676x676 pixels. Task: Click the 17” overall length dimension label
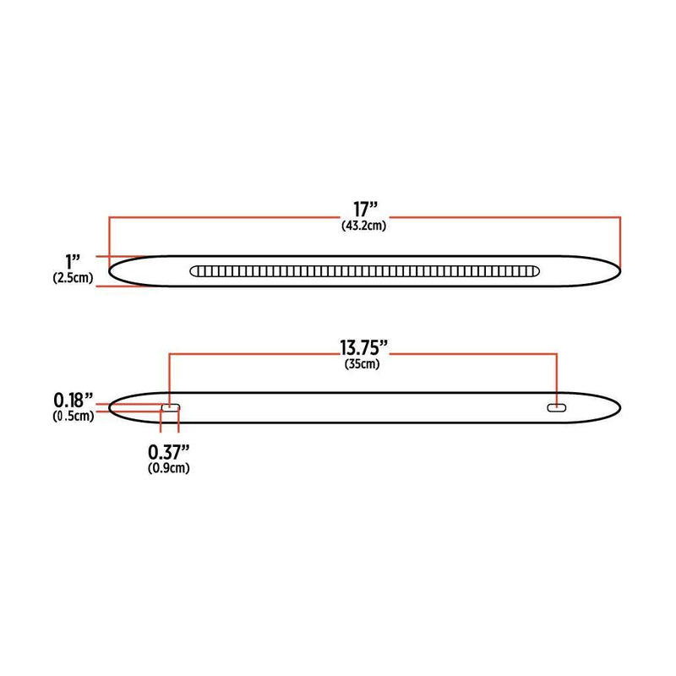pyautogui.click(x=365, y=207)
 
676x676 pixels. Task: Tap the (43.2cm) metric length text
pyautogui.click(x=365, y=225)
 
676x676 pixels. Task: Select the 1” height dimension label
pyautogui.click(x=73, y=259)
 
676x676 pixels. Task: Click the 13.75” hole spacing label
pyautogui.click(x=363, y=348)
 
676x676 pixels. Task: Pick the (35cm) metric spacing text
pyautogui.click(x=363, y=365)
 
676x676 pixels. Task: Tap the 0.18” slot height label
pyautogui.click(x=73, y=399)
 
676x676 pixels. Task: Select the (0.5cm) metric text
pyautogui.click(x=73, y=415)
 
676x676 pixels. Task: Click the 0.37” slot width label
pyautogui.click(x=168, y=451)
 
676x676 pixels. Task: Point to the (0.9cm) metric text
pyautogui.click(x=168, y=468)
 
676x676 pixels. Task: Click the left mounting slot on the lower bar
pyautogui.click(x=171, y=408)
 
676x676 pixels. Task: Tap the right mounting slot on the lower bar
pyautogui.click(x=556, y=408)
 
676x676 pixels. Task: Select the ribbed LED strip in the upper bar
pyautogui.click(x=365, y=271)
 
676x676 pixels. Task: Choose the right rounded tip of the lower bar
pyautogui.click(x=619, y=407)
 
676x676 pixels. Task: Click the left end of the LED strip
pyautogui.click(x=193, y=271)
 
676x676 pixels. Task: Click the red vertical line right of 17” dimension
pyautogui.click(x=621, y=241)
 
